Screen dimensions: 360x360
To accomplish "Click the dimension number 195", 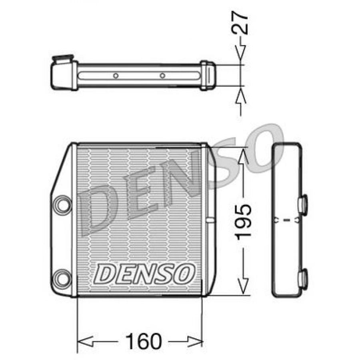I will pos(243,222).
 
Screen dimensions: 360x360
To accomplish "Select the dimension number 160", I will pos(138,341).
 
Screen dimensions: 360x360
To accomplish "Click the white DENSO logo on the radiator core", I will pos(145,273).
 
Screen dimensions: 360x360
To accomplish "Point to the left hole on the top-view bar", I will pos(116,75).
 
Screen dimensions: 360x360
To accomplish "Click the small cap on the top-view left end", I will pos(62,60).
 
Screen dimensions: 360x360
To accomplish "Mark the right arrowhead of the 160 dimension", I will pos(196,342).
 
